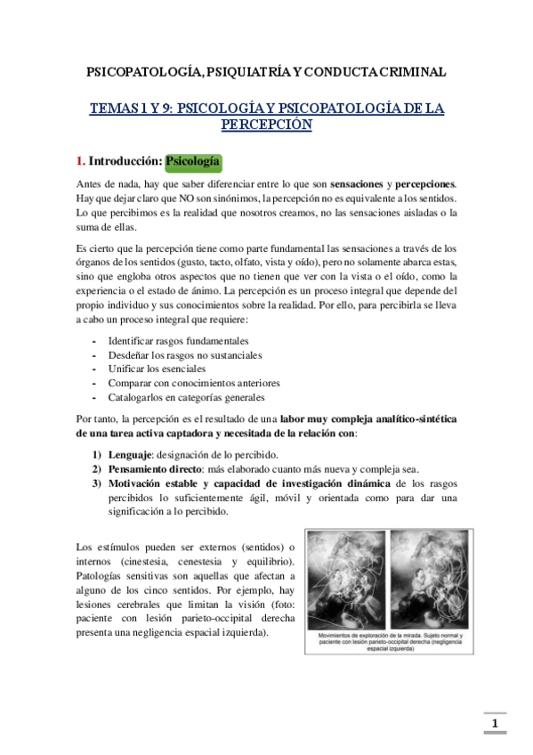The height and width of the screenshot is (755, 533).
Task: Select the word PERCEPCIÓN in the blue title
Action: point(266,126)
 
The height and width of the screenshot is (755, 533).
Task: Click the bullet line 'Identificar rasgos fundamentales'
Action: point(178,341)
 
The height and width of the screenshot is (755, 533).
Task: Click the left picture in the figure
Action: point(347,580)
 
